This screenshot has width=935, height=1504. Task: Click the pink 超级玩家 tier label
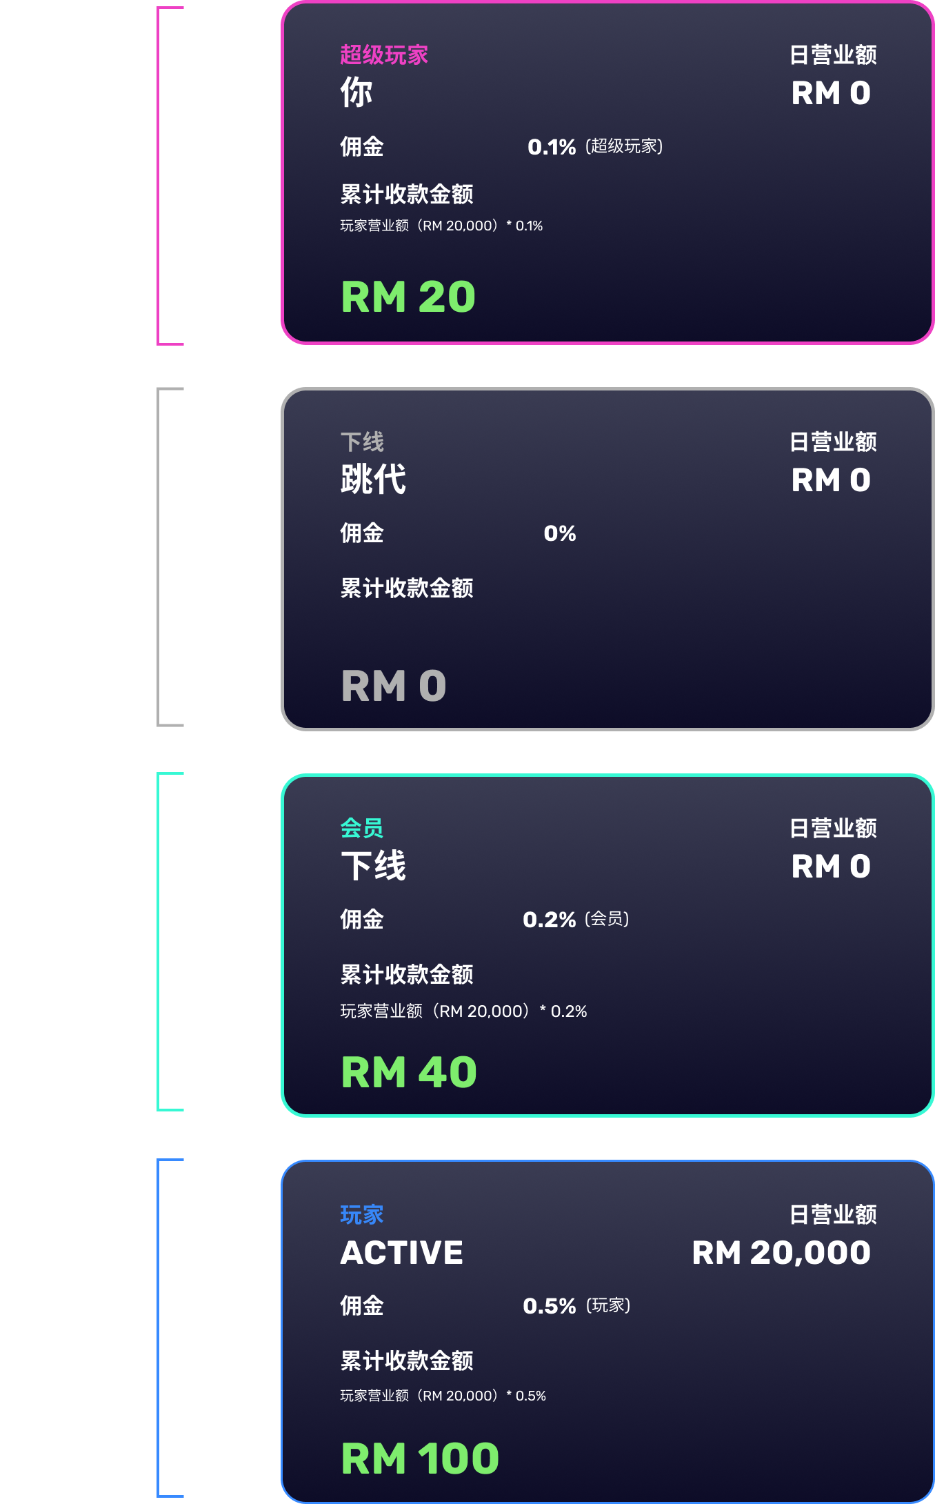pyautogui.click(x=384, y=55)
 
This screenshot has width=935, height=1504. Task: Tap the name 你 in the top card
pyautogui.click(x=356, y=92)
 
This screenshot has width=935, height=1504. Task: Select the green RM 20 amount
pyautogui.click(x=408, y=297)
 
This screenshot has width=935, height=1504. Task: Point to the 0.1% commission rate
pyautogui.click(x=552, y=147)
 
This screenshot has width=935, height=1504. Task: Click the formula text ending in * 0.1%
pyautogui.click(x=441, y=226)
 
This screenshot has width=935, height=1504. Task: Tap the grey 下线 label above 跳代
pyautogui.click(x=362, y=442)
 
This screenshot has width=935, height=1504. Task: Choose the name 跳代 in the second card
pyautogui.click(x=373, y=479)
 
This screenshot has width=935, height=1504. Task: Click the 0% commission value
pyautogui.click(x=560, y=533)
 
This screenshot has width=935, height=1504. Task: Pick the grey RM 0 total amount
pyautogui.click(x=394, y=686)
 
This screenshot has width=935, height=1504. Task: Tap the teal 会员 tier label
pyautogui.click(x=362, y=828)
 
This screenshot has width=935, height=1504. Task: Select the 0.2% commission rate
pyautogui.click(x=550, y=920)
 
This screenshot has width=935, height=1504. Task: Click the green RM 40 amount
pyautogui.click(x=409, y=1072)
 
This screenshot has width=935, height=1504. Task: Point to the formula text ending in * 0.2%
pyautogui.click(x=463, y=1011)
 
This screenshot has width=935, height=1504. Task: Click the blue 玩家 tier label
pyautogui.click(x=362, y=1214)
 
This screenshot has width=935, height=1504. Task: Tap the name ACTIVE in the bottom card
pyautogui.click(x=402, y=1253)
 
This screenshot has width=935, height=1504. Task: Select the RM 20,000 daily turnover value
pyautogui.click(x=781, y=1253)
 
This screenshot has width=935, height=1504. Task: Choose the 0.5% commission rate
pyautogui.click(x=550, y=1306)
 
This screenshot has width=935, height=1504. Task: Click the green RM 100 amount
pyautogui.click(x=420, y=1458)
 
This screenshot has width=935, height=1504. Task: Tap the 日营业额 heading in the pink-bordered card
pyautogui.click(x=833, y=55)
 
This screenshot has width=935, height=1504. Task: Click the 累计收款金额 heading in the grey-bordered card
pyautogui.click(x=407, y=588)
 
